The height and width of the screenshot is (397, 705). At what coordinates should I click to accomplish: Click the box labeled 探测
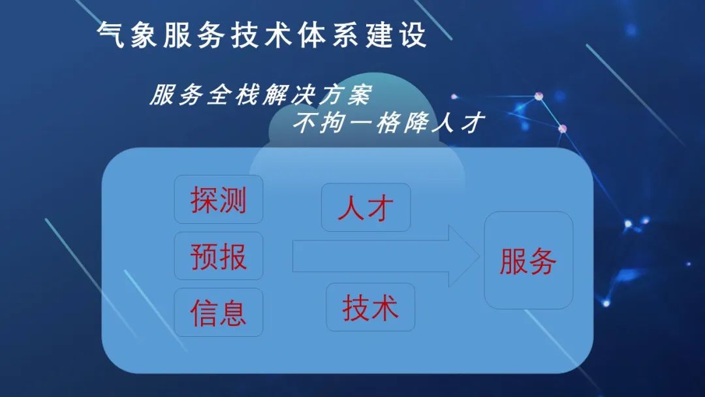tap(219, 199)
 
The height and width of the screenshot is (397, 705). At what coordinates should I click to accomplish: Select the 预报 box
tap(219, 256)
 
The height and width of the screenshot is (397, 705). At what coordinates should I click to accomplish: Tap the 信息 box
tap(219, 312)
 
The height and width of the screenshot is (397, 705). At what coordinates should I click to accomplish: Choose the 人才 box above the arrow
tap(366, 207)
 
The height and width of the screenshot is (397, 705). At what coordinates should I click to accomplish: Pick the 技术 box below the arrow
tap(371, 307)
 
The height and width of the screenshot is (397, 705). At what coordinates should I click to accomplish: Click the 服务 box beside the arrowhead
tap(528, 261)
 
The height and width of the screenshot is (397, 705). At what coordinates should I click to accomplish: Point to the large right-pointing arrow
tap(386, 256)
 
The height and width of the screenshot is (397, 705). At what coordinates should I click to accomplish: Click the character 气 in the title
tap(110, 35)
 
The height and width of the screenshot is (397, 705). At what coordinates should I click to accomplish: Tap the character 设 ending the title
tap(413, 35)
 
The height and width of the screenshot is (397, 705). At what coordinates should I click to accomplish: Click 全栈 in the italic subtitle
tap(235, 95)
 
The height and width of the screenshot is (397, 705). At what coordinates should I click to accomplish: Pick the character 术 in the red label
tap(385, 308)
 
